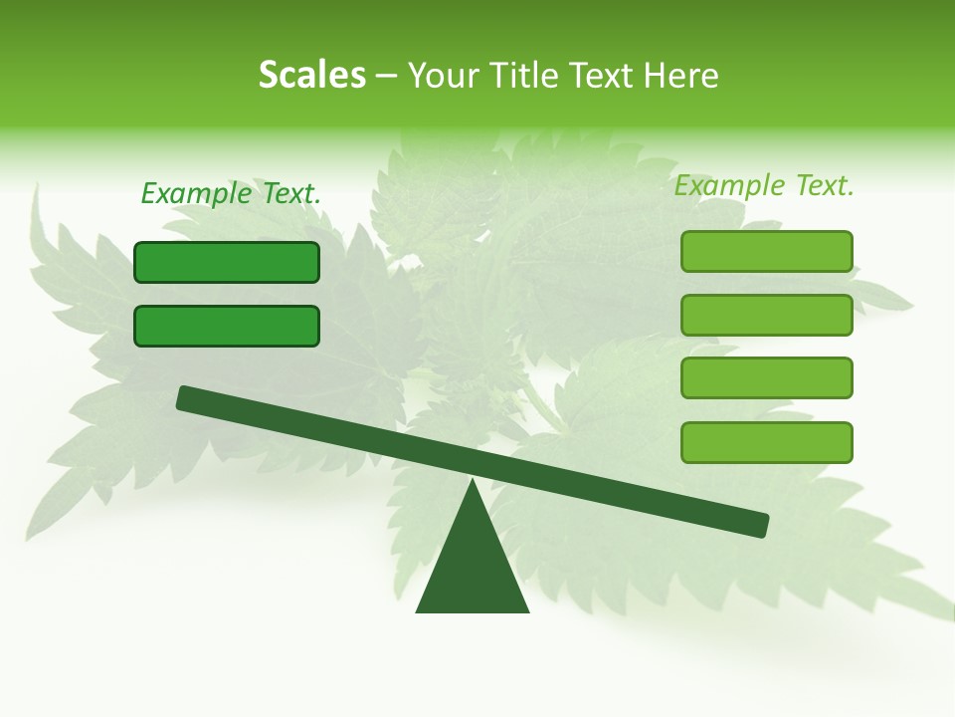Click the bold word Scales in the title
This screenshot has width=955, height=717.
(311, 76)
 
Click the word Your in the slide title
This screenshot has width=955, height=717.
(445, 76)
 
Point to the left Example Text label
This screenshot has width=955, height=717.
(231, 193)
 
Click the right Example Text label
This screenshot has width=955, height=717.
(764, 185)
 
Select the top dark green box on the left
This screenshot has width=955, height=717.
(227, 262)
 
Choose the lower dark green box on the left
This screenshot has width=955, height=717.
(227, 326)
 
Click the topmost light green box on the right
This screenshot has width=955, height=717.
(766, 251)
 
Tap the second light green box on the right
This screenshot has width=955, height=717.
(766, 315)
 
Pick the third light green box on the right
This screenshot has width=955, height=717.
(766, 378)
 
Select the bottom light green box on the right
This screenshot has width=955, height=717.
(766, 442)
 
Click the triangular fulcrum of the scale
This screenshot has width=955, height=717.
(473, 568)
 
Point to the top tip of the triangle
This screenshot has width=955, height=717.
(473, 482)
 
